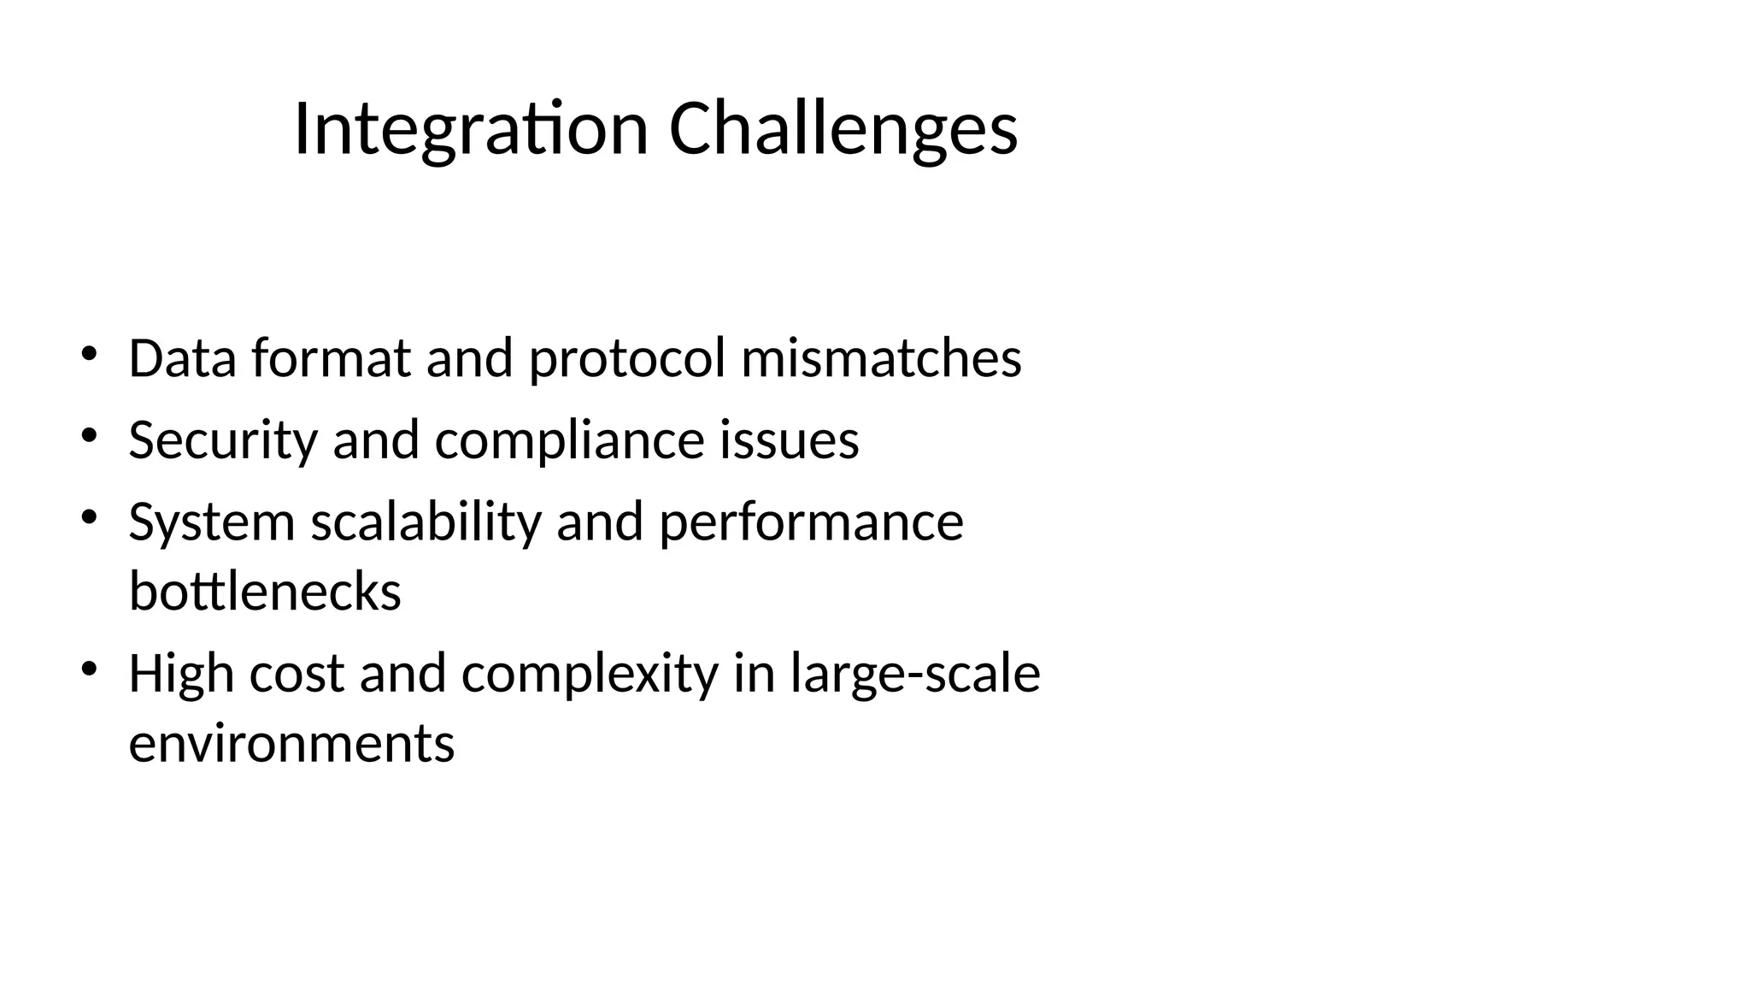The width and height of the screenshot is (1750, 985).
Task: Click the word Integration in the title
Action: [x=471, y=129]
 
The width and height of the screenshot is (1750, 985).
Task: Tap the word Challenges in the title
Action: [x=843, y=129]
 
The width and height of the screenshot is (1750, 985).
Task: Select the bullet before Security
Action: [x=89, y=435]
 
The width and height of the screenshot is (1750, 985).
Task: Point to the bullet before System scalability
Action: [x=89, y=517]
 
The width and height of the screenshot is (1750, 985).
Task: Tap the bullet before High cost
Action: [x=89, y=669]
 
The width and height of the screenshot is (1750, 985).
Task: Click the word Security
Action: [x=222, y=439]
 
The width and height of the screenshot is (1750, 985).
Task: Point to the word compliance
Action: [x=569, y=439]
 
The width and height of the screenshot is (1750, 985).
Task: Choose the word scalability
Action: [x=426, y=522]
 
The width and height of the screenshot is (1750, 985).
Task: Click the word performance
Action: [x=811, y=522]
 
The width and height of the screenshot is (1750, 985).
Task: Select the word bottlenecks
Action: [x=265, y=591]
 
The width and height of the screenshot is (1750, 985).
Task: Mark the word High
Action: [x=181, y=673]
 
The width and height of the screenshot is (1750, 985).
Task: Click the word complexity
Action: [x=590, y=673]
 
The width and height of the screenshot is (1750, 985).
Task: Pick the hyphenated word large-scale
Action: [x=915, y=673]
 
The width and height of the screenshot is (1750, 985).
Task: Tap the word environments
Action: [x=291, y=742]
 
